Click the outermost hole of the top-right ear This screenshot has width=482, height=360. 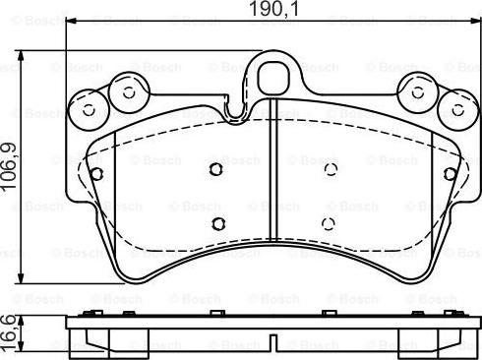pos(454,108)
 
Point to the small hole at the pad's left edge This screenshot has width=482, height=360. pos(96,174)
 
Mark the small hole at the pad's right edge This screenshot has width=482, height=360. pos(450,174)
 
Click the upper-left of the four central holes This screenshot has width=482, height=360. pos(217,169)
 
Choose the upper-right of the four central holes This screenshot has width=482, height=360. pos(330,169)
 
